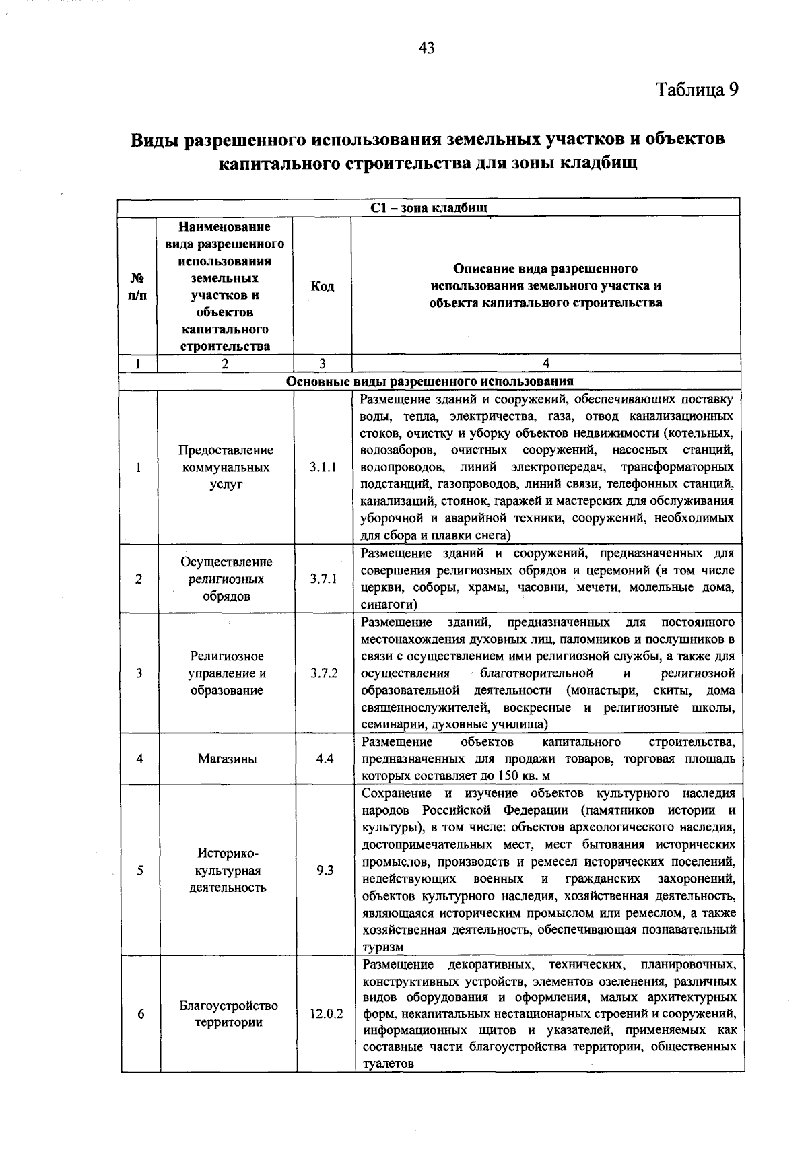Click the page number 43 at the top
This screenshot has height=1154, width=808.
426,48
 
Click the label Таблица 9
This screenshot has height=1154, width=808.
698,90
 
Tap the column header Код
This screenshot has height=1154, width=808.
322,286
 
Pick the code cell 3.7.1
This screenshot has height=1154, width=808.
323,579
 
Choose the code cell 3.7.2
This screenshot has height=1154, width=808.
324,673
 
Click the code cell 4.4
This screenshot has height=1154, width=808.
325,759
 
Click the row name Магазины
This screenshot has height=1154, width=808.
227,759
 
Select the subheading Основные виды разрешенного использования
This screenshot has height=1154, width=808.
430,381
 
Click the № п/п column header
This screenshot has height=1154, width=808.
137,286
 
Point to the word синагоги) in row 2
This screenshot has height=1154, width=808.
383,605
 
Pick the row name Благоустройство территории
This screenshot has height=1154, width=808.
228,1014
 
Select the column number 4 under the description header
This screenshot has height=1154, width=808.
546,364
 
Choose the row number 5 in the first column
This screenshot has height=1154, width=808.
140,870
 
